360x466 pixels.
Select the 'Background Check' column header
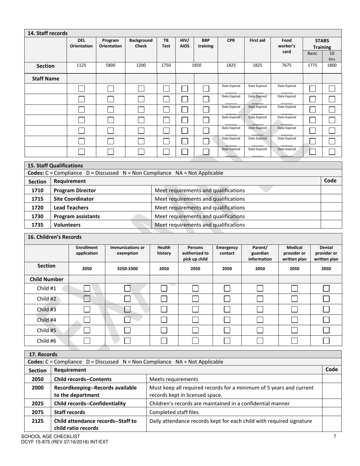click(x=141, y=43)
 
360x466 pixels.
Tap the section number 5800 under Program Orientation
click(x=110, y=65)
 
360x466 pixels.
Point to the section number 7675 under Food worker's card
click(x=287, y=65)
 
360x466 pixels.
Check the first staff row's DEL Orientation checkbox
click(x=81, y=89)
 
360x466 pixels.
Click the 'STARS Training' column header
click(x=322, y=44)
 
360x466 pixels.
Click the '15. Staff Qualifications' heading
click(x=55, y=166)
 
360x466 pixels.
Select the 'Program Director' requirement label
click(x=75, y=190)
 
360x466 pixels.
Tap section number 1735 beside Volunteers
click(x=38, y=225)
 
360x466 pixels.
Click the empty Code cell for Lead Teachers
click(x=331, y=208)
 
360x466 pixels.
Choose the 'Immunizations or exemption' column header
click(x=127, y=250)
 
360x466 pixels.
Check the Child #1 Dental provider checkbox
click(x=326, y=288)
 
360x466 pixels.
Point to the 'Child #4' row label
click(x=47, y=320)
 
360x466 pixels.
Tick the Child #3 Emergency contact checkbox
click(x=227, y=309)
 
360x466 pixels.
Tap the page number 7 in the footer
click(x=335, y=436)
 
